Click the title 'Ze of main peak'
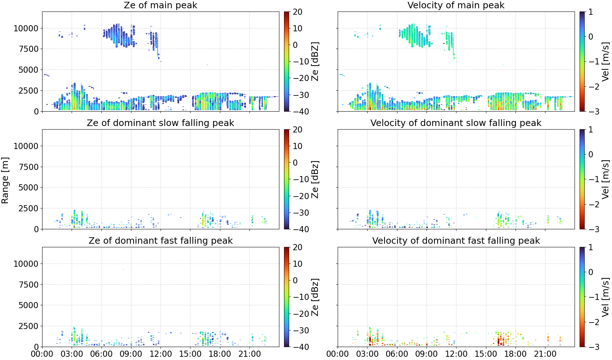point(160,5)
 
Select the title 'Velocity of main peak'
point(456,5)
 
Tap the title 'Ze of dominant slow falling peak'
point(160,123)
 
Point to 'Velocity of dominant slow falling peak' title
point(456,123)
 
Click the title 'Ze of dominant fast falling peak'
point(160,240)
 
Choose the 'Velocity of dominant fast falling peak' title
point(456,240)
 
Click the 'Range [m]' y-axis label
point(5,180)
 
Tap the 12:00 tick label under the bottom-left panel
point(161,354)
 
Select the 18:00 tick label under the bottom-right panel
point(516,354)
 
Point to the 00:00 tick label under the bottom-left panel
point(42,354)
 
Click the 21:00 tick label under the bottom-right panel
point(545,354)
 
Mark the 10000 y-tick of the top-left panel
point(26,28)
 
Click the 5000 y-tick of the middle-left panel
point(28,188)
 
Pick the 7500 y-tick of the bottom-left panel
point(28,285)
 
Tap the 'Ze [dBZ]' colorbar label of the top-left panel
point(315,62)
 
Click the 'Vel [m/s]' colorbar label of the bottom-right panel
point(606,297)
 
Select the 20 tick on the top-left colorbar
point(297,12)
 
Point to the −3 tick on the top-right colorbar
point(589,112)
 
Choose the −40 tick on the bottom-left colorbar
point(301,347)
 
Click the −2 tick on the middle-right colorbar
point(589,204)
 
